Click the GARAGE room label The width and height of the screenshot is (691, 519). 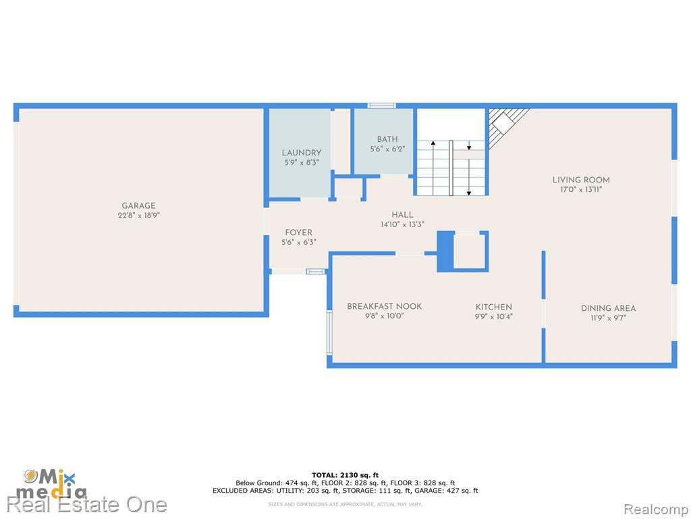point(138,205)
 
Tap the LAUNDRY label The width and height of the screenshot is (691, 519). point(302,153)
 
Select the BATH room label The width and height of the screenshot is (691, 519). point(387,139)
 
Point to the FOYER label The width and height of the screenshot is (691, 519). point(298,232)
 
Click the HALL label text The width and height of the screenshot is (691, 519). point(402,215)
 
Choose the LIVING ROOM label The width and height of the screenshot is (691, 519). point(581,180)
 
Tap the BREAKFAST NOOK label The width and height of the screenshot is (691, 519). point(384,306)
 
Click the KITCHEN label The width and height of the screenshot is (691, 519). point(493,307)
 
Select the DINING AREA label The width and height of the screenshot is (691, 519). point(608,308)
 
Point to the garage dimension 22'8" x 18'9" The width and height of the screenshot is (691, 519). point(138,216)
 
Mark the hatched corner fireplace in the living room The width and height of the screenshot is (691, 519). point(506,126)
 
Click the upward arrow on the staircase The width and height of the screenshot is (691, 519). point(433,168)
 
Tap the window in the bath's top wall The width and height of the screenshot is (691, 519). point(382,106)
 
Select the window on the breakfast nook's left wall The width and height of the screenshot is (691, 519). point(329,332)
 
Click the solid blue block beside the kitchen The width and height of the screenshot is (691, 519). point(445,251)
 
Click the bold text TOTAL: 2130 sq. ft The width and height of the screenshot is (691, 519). point(345,475)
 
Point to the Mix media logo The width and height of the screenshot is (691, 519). point(51,484)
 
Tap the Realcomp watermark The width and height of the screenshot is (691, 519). point(656,510)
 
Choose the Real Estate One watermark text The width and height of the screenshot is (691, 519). point(87,505)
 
